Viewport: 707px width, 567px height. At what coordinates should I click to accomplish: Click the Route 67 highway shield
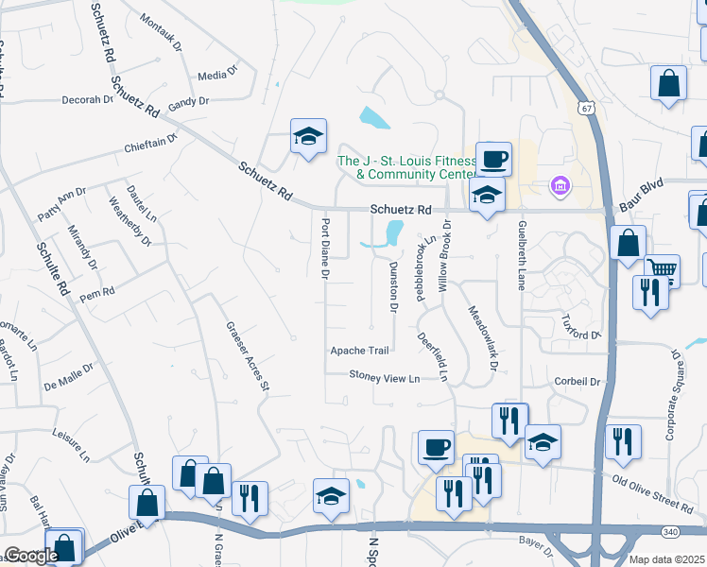coord(587,109)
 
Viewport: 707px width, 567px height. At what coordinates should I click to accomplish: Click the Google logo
coord(30,556)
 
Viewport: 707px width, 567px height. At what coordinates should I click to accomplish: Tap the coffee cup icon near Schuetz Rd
coord(493,159)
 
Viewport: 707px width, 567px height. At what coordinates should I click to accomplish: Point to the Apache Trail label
coord(359,351)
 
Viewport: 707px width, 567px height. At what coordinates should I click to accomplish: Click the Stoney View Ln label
coord(384,378)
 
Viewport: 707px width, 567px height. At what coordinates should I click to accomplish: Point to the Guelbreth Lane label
coord(521,255)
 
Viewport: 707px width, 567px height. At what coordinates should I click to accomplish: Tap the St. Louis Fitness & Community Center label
coord(407,167)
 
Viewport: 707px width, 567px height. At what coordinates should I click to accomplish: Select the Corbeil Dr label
coord(578,383)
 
